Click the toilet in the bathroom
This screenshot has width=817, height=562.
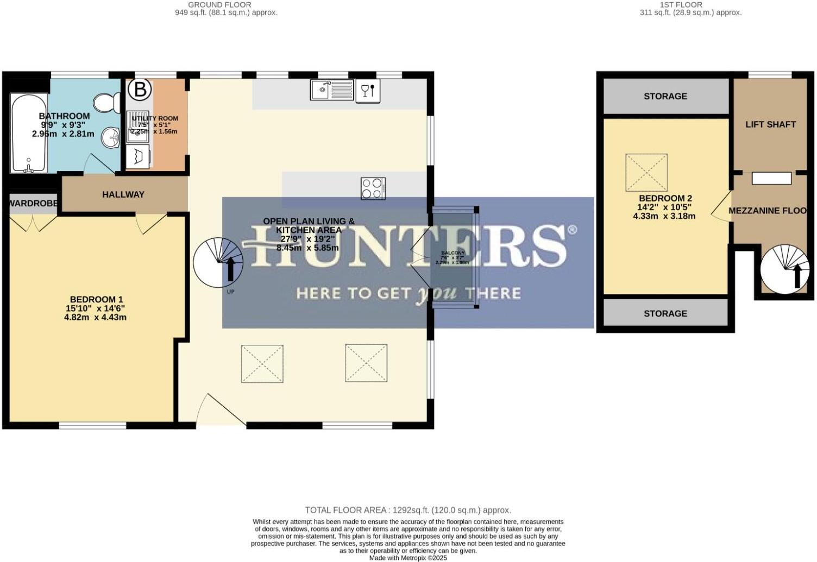tap(108, 102)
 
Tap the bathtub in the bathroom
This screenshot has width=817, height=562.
tap(28, 134)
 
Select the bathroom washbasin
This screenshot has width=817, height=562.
tap(111, 137)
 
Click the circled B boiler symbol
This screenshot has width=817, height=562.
tap(140, 89)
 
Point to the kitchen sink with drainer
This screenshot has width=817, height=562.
tap(331, 90)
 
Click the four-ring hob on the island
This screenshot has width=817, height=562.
tap(373, 188)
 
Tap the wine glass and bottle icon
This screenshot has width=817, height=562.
tap(368, 91)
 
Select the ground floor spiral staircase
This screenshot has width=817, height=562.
tap(218, 262)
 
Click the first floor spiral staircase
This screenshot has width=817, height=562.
tap(785, 269)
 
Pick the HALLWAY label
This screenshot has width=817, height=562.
tap(123, 194)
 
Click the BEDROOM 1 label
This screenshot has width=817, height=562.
tap(96, 299)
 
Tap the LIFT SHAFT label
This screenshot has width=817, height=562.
tap(770, 124)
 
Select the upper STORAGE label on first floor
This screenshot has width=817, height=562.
tap(665, 96)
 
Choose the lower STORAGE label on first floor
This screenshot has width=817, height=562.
tap(665, 313)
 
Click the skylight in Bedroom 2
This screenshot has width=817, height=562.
tap(646, 173)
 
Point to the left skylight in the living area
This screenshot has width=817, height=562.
tap(262, 363)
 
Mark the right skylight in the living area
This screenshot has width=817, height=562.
tap(366, 363)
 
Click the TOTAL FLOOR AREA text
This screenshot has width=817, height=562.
tap(408, 510)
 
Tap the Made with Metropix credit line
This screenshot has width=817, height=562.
tap(408, 558)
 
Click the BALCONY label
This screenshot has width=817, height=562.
tap(453, 253)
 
